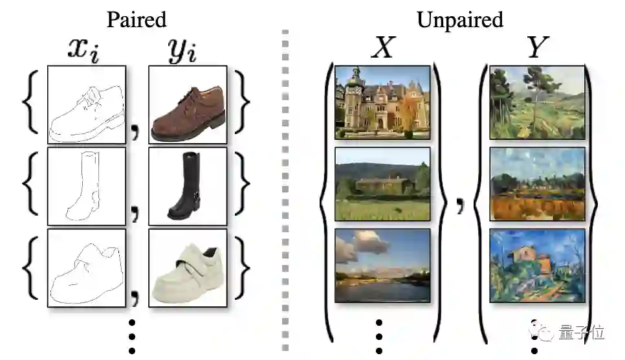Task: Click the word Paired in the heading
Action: coord(137,19)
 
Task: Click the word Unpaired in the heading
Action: coord(459,19)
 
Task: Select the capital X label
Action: coord(382,47)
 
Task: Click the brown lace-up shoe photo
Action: coord(187,104)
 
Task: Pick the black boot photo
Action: coord(187,186)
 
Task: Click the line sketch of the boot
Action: coord(87,186)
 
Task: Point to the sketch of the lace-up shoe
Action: coord(87,104)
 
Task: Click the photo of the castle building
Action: coord(382,102)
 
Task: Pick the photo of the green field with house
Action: coord(382,184)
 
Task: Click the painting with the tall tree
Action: coord(537,102)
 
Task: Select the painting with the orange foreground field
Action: coord(537,184)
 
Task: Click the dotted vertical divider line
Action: coord(285,188)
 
